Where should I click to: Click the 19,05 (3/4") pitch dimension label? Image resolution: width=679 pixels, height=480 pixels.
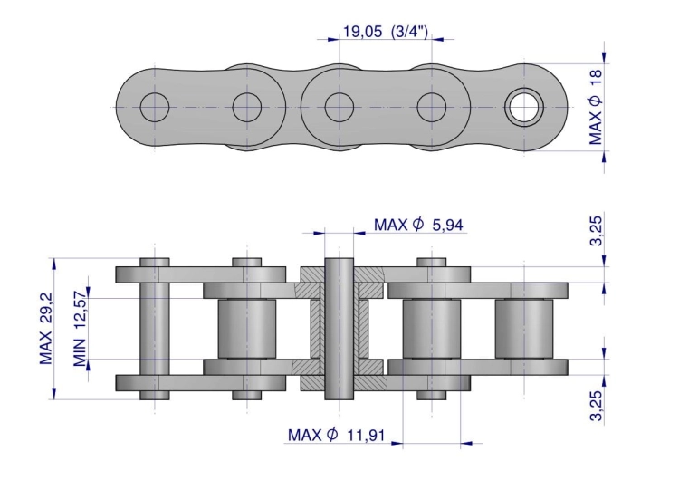pos(386,32)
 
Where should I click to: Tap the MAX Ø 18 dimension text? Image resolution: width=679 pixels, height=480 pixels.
pos(596,107)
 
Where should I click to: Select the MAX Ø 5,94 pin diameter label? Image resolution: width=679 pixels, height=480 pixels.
pos(418,225)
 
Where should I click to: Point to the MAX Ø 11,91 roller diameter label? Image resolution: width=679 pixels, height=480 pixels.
pos(336,435)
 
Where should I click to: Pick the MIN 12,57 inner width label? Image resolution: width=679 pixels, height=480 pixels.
pos(80,327)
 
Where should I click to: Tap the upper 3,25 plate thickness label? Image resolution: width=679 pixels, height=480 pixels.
pos(597,230)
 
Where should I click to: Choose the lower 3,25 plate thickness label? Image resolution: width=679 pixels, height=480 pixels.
pos(597,406)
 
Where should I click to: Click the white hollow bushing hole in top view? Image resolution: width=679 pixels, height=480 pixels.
pos(524,107)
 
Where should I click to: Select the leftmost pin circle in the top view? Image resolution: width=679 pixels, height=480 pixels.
pos(155,107)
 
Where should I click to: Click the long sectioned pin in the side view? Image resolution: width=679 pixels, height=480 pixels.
pos(339,329)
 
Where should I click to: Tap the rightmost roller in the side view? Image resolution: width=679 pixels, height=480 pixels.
pos(524,329)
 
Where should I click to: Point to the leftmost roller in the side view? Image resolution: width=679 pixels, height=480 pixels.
pos(247,329)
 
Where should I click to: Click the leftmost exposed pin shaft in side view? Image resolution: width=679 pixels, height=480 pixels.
pos(155,329)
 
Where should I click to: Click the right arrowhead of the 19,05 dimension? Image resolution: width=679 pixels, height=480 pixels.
pos(438,40)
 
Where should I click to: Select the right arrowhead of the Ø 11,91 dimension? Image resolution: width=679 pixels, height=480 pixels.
pos(466,443)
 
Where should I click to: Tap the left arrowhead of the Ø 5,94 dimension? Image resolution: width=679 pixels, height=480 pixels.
pos(320,233)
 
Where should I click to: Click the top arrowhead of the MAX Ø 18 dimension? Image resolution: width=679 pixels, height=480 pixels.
pos(605,58)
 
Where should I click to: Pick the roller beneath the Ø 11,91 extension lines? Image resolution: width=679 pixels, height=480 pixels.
pos(432,329)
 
